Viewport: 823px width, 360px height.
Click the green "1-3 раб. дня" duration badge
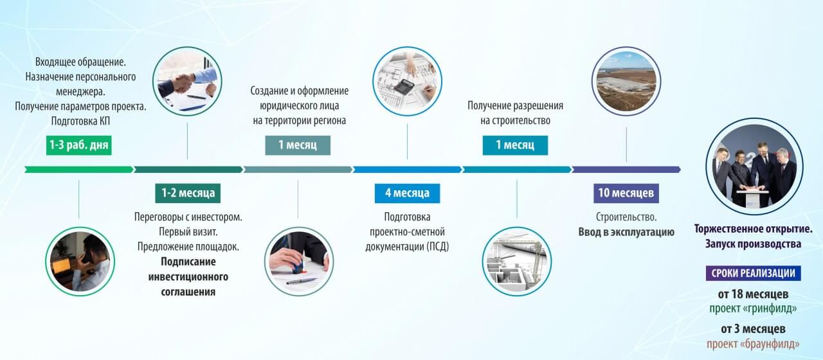click(79, 145)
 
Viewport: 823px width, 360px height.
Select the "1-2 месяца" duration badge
click(188, 193)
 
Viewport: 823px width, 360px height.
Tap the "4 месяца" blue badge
click(407, 193)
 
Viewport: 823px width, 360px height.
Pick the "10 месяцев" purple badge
click(626, 193)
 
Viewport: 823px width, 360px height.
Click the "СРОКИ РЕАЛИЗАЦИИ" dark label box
click(753, 273)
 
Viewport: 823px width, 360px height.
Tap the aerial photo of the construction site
click(626, 82)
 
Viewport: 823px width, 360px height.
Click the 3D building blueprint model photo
click(517, 261)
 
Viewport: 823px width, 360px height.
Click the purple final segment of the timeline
click(626, 169)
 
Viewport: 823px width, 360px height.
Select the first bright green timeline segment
click(78, 169)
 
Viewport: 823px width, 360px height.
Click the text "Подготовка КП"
click(80, 120)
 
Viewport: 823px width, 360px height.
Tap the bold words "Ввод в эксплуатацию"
click(626, 232)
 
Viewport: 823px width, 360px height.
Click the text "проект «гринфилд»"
click(753, 309)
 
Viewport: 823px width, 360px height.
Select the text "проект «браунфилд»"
click(753, 343)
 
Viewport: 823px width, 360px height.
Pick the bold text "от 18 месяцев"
click(753, 294)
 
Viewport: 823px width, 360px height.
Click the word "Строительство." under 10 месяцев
click(626, 217)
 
